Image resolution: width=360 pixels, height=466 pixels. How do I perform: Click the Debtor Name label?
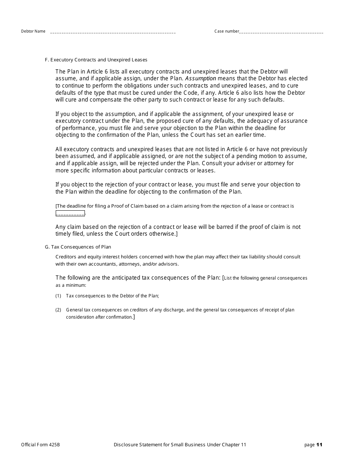(33, 31)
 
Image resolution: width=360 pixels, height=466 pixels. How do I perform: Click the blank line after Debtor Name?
(113, 33)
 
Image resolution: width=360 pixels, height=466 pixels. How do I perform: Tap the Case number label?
(227, 31)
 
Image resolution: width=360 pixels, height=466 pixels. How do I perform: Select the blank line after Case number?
(282, 33)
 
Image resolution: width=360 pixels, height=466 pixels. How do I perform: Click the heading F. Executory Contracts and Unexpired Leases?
(96, 60)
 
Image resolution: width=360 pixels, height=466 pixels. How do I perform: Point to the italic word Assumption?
(200, 78)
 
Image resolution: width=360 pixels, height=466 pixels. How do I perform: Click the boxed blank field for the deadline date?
(70, 213)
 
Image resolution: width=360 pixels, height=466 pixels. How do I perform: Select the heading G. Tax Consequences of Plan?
(78, 247)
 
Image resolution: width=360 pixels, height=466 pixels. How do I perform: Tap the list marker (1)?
(58, 296)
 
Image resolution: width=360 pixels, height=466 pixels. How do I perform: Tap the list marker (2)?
(58, 310)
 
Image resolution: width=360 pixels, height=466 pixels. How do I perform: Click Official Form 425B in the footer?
(40, 445)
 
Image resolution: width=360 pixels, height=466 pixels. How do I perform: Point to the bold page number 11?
(319, 445)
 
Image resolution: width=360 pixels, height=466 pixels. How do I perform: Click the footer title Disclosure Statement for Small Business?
(180, 445)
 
